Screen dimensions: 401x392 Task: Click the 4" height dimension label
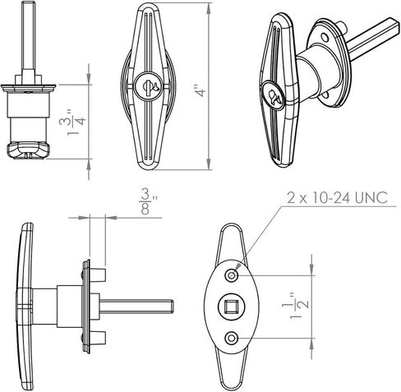click(x=201, y=91)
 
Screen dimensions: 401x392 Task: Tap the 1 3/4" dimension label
click(x=72, y=122)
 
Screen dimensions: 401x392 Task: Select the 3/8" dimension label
click(x=148, y=201)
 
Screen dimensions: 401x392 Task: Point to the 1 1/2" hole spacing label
click(x=295, y=305)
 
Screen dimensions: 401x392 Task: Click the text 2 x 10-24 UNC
click(x=337, y=197)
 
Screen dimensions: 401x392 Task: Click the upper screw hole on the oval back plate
click(x=232, y=275)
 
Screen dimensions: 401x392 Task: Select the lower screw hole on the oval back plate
click(x=232, y=338)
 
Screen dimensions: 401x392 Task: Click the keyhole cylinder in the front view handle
click(x=148, y=86)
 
